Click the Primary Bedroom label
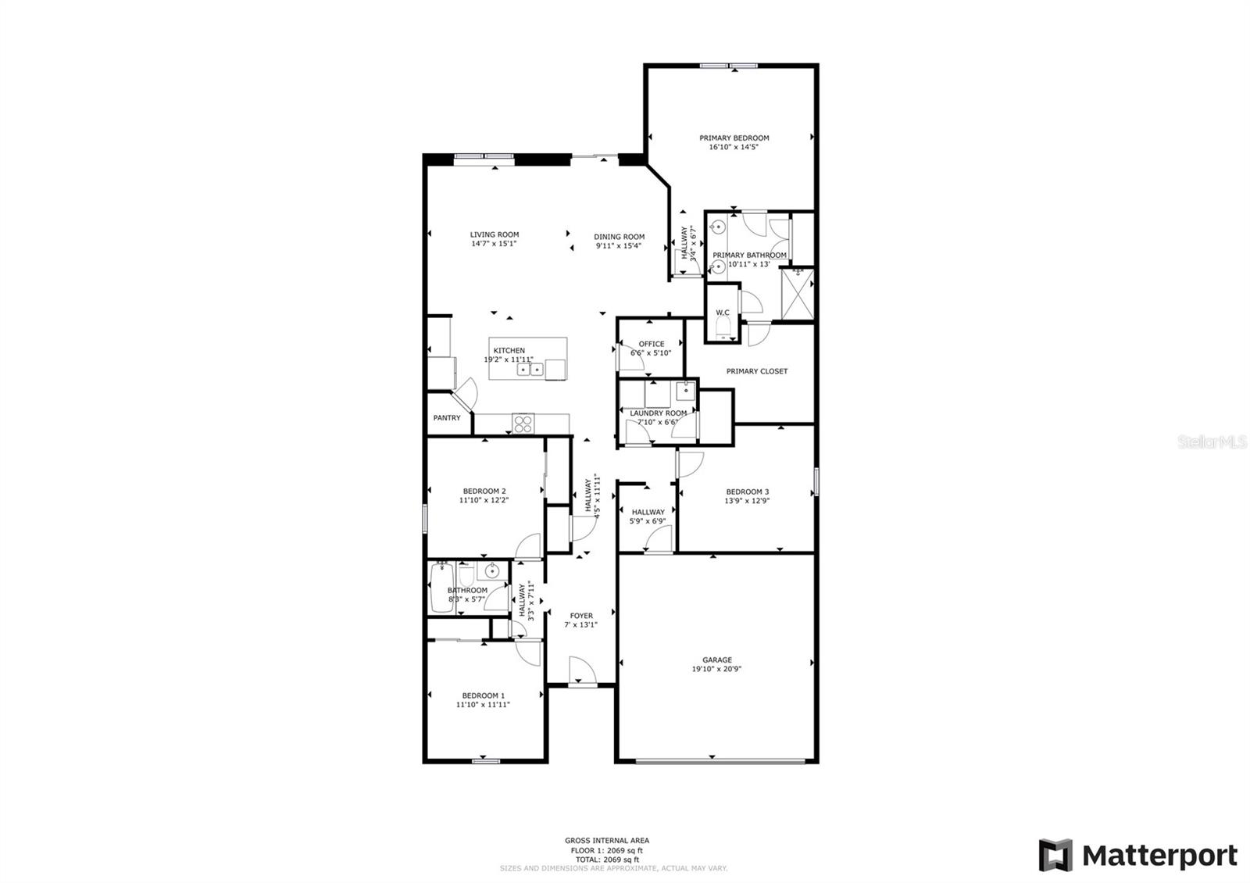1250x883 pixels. pyautogui.click(x=734, y=138)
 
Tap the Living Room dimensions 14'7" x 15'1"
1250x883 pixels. pyautogui.click(x=494, y=243)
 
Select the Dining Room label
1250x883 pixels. pyautogui.click(x=619, y=237)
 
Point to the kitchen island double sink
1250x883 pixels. pyautogui.click(x=530, y=370)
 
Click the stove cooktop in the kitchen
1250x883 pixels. pyautogui.click(x=523, y=424)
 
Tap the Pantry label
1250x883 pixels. pyautogui.click(x=447, y=417)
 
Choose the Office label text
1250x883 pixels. pyautogui.click(x=652, y=344)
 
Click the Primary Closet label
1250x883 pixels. pyautogui.click(x=757, y=371)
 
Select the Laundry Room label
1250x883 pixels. pyautogui.click(x=659, y=413)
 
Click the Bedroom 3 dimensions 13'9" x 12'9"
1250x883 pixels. pyautogui.click(x=747, y=501)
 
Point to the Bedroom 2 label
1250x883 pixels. pyautogui.click(x=484, y=492)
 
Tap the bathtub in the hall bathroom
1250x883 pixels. pyautogui.click(x=442, y=587)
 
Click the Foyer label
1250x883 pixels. pyautogui.click(x=581, y=616)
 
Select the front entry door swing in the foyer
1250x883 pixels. pyautogui.click(x=582, y=670)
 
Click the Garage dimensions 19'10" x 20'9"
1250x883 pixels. pyautogui.click(x=717, y=669)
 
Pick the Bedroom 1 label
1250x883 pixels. pyautogui.click(x=484, y=695)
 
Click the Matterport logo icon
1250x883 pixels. pyautogui.click(x=1055, y=855)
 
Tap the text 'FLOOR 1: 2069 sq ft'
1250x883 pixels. pyautogui.click(x=606, y=851)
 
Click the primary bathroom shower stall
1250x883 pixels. pyautogui.click(x=798, y=294)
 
